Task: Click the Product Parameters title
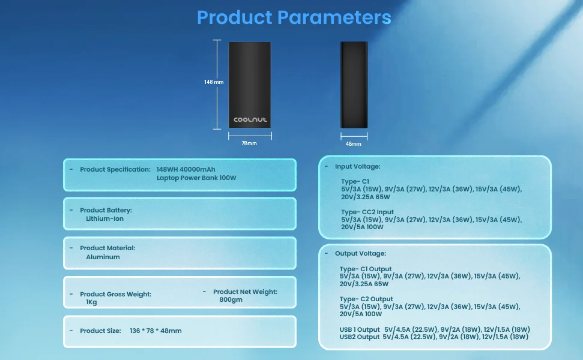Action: point(294,17)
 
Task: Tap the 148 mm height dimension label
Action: point(214,82)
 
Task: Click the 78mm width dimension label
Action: point(249,143)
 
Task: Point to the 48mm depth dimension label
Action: point(353,144)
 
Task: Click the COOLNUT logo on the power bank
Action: point(250,119)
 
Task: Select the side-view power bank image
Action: point(354,85)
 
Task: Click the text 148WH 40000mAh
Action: point(186,169)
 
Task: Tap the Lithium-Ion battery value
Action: point(105,218)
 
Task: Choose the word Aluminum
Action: point(103,257)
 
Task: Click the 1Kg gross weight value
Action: point(91,302)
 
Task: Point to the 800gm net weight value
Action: point(231,299)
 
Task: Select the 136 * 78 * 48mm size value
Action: point(156,331)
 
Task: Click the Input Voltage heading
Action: point(358,166)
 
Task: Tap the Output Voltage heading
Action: point(361,253)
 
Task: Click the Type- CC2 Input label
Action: point(367,212)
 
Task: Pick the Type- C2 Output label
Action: point(366,299)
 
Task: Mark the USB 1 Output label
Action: point(360,329)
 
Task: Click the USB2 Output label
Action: point(360,337)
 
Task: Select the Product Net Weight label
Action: point(246,292)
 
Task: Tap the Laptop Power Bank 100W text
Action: point(196,178)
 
